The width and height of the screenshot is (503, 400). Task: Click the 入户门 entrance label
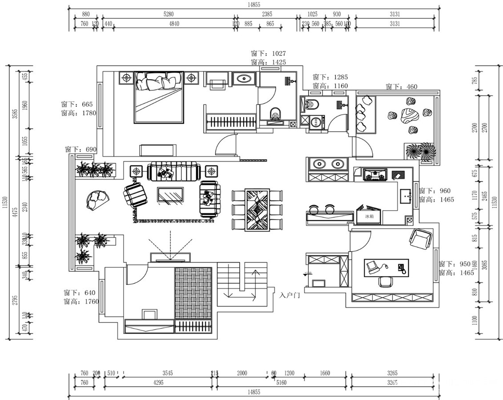click(x=290, y=295)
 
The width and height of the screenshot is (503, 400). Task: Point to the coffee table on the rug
click(x=170, y=196)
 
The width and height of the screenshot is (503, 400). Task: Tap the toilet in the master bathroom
click(x=277, y=114)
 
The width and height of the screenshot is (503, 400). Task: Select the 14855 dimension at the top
click(x=254, y=4)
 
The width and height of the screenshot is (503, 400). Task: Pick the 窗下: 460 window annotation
click(x=402, y=87)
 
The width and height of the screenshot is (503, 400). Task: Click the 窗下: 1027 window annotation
click(x=268, y=53)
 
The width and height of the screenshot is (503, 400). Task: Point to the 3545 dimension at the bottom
click(x=167, y=373)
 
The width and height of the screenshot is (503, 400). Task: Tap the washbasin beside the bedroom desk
click(x=244, y=80)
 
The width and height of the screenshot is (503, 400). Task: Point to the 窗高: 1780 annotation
click(x=80, y=113)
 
